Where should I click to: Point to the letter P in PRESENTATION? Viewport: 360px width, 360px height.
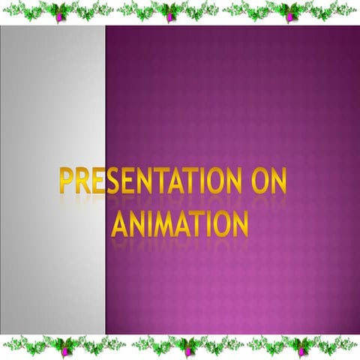tap(66, 185)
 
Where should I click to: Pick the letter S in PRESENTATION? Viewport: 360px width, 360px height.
tap(114, 185)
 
